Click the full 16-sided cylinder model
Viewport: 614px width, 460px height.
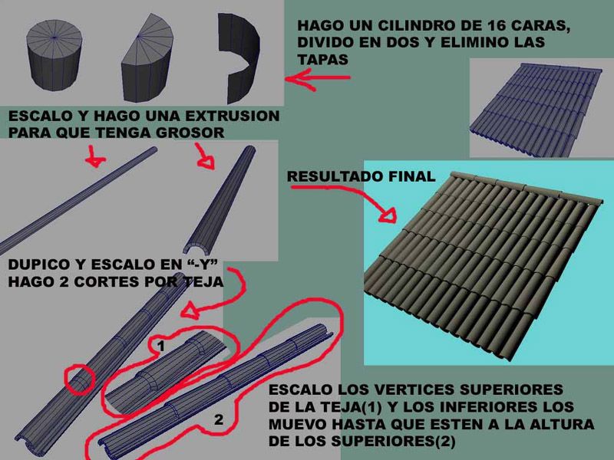pos(54,54)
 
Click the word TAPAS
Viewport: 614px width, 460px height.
pos(322,60)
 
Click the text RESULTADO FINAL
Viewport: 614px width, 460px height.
pos(361,176)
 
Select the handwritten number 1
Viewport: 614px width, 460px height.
pos(161,346)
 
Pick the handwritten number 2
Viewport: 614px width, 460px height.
pos(219,419)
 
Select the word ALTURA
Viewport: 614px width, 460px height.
pos(562,424)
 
